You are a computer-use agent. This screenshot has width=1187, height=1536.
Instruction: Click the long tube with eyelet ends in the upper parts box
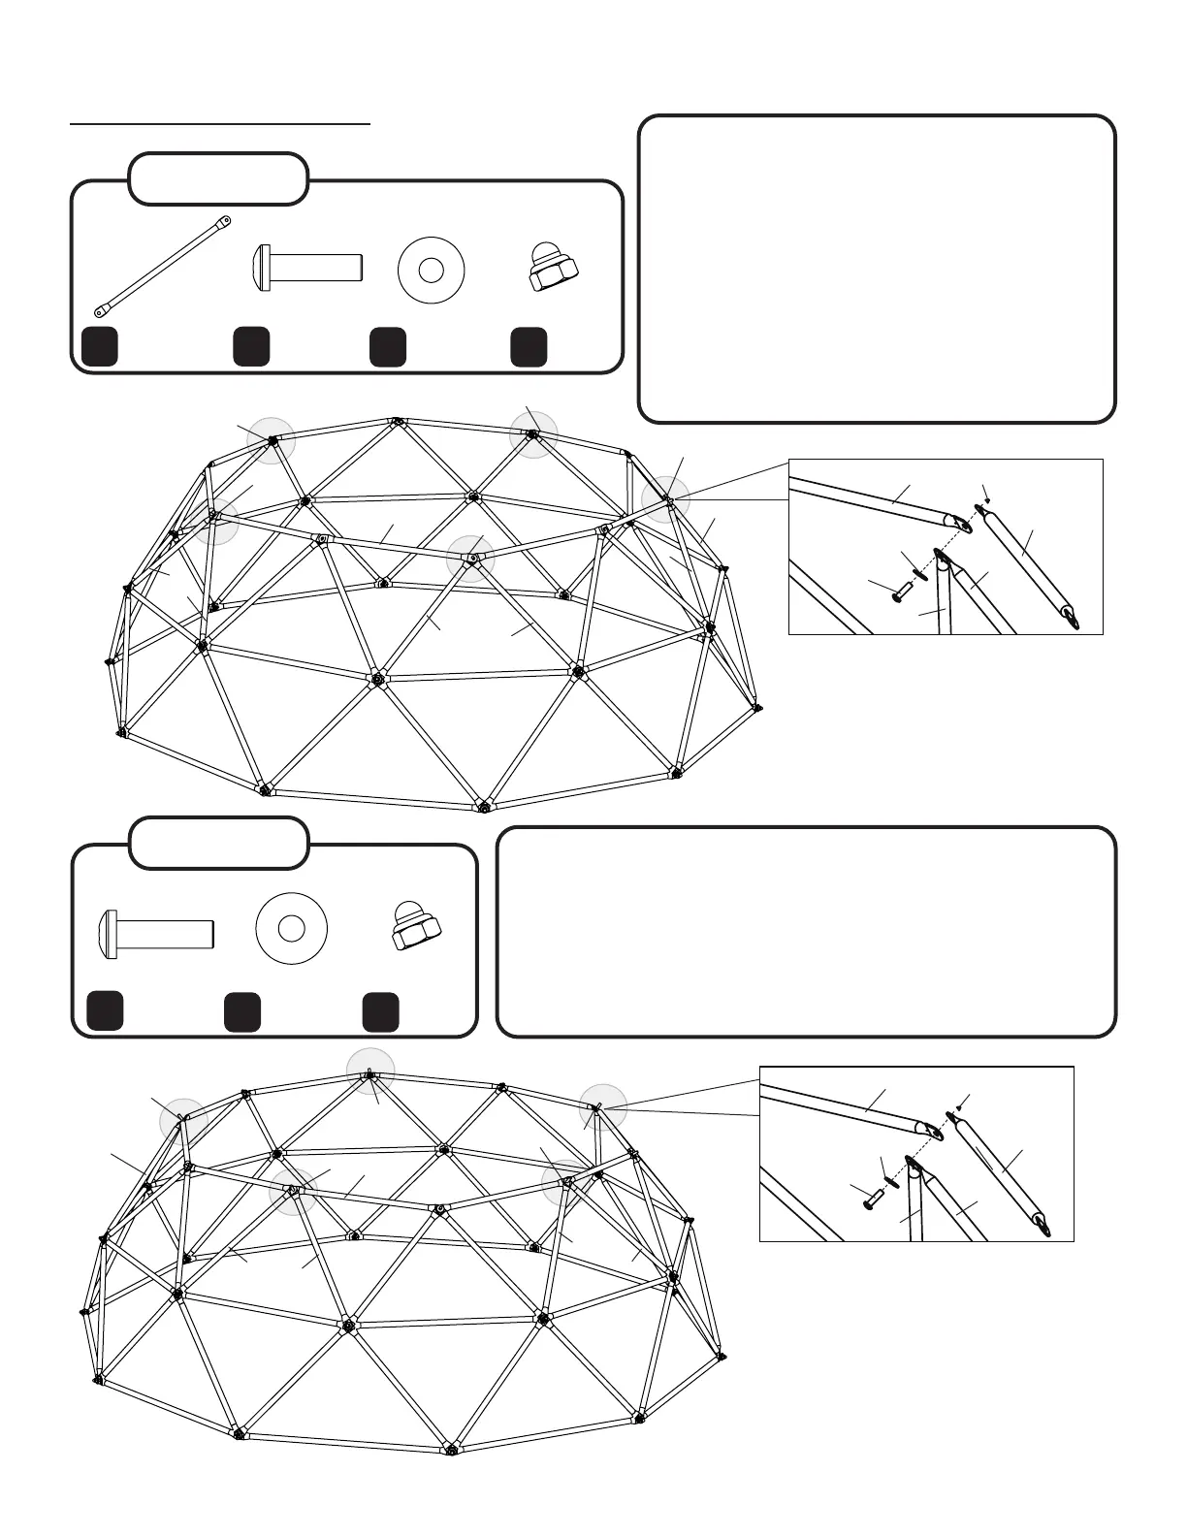point(162,267)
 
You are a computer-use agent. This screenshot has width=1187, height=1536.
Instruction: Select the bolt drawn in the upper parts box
point(307,265)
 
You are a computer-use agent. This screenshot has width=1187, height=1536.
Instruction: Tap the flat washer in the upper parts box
point(432,270)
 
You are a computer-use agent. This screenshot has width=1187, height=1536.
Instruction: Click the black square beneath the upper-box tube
point(100,346)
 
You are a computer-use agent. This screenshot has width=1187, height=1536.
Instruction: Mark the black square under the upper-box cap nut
point(529,346)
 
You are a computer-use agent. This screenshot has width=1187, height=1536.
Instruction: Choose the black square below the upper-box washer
point(388,346)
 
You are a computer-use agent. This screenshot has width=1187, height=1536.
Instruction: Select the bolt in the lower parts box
point(155,933)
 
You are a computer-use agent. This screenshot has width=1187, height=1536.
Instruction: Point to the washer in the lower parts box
point(291,929)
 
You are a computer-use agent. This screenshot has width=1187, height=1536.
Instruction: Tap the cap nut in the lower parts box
point(417,928)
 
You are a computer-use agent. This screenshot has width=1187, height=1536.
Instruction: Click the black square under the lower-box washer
point(241,1010)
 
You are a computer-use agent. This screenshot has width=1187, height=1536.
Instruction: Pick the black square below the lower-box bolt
point(105,1010)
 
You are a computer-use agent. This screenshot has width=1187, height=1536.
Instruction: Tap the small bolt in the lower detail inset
point(872,1200)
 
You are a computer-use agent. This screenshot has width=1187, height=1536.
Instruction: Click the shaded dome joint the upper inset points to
point(666,499)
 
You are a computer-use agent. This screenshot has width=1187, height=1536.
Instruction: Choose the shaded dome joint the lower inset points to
point(603,1107)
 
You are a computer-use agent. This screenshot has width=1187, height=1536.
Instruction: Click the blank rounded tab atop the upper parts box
point(218,179)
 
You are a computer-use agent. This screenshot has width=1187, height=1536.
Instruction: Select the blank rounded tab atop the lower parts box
point(219,844)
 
